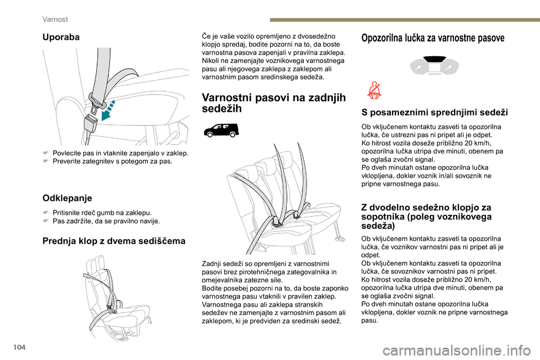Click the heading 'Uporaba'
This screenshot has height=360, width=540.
click(61, 37)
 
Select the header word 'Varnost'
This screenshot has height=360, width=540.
click(56, 19)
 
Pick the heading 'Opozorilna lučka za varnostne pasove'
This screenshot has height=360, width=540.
click(433, 38)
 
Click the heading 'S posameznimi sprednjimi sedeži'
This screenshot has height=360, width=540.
click(434, 112)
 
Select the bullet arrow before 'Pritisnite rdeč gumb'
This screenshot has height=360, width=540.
click(45, 213)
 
